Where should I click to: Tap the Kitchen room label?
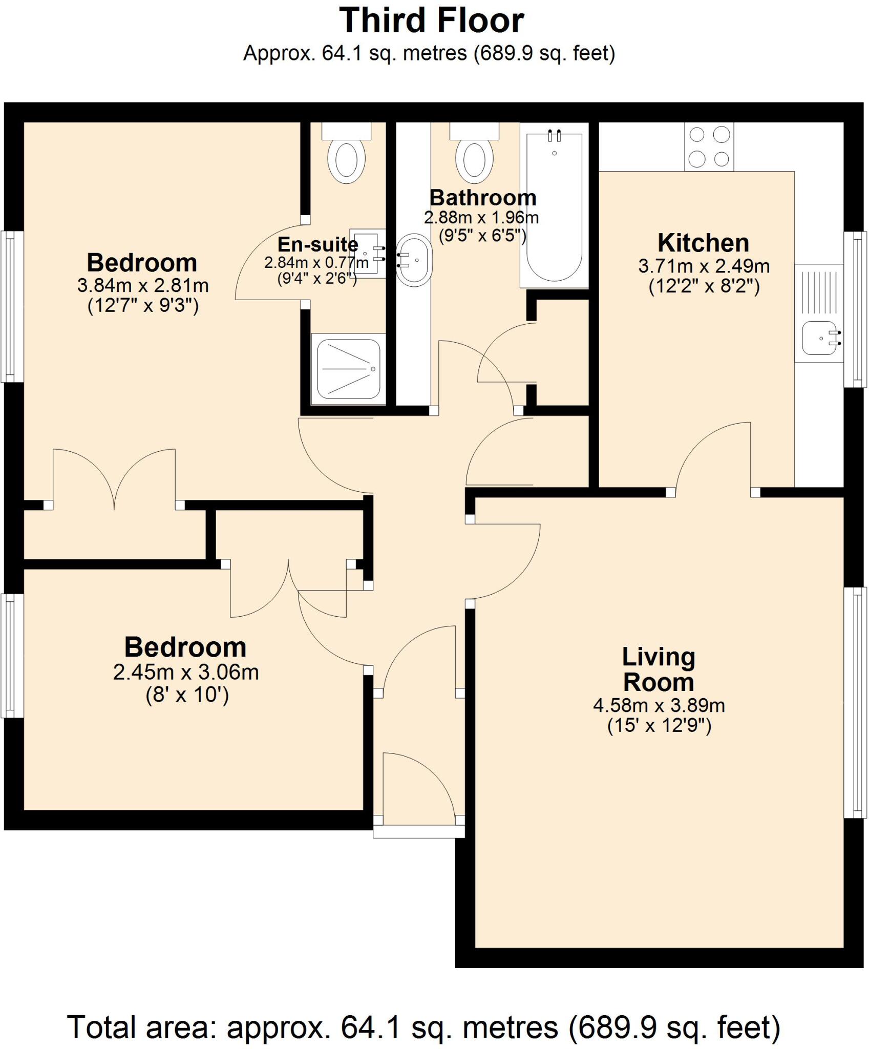pyautogui.click(x=703, y=243)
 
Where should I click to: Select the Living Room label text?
pyautogui.click(x=659, y=669)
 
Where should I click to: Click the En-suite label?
pyautogui.click(x=317, y=244)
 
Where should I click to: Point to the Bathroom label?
pyautogui.click(x=482, y=198)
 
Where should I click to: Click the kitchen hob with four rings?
pyautogui.click(x=709, y=147)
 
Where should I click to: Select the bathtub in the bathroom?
pyautogui.click(x=555, y=205)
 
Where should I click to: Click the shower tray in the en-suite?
pyautogui.click(x=348, y=369)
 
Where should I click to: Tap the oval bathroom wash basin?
pyautogui.click(x=414, y=260)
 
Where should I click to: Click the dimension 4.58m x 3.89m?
pyautogui.click(x=659, y=706)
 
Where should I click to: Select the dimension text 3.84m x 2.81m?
pyautogui.click(x=143, y=285)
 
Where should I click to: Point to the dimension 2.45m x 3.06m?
pyautogui.click(x=186, y=672)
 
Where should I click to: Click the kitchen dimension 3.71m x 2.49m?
pyautogui.click(x=704, y=266)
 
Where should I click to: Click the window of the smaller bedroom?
pyautogui.click(x=12, y=655)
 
